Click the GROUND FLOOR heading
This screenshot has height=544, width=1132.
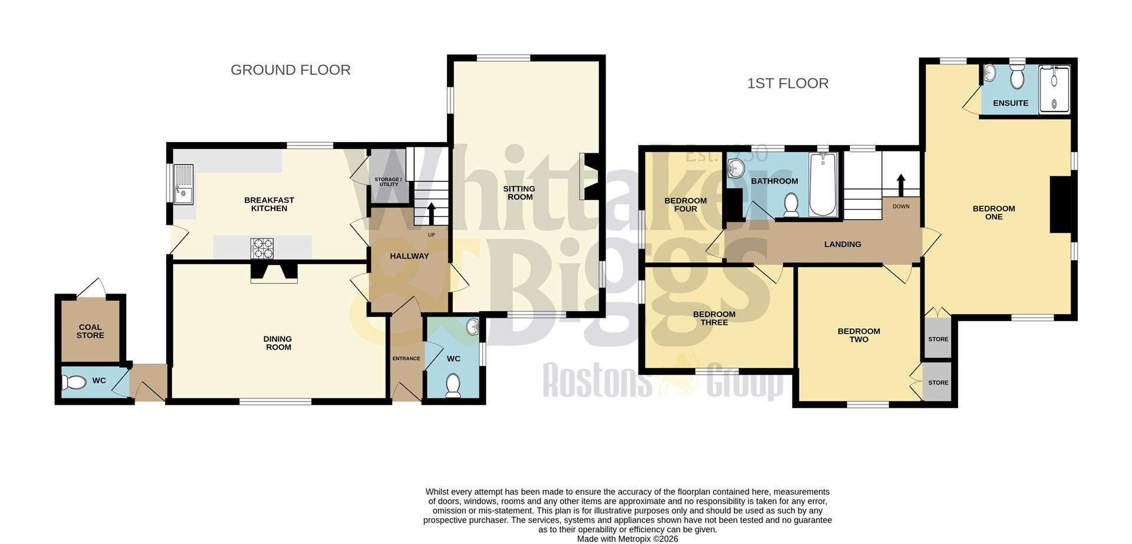pos(290,70)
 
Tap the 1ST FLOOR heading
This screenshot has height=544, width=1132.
pos(788,84)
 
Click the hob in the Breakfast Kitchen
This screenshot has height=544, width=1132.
pos(262,248)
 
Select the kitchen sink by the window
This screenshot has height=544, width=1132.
pos(183,184)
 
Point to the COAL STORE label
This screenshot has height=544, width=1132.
pos(90,331)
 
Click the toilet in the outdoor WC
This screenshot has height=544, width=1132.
pos(74,383)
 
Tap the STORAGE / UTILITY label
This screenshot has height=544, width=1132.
pos(388,182)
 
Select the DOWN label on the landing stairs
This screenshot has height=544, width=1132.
pos(901,206)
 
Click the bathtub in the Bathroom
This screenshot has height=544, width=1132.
pos(822,184)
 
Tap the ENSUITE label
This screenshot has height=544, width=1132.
pos(1010,103)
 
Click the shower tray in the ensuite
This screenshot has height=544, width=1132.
pos(1054,89)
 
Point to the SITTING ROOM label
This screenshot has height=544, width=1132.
pos(519,193)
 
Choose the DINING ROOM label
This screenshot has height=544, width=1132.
pos(278,343)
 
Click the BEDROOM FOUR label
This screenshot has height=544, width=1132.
pos(685,205)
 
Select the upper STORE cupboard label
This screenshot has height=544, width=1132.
pos(938,339)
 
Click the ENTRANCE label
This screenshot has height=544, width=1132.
pos(406,358)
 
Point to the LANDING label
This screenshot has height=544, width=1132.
pos(843,244)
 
